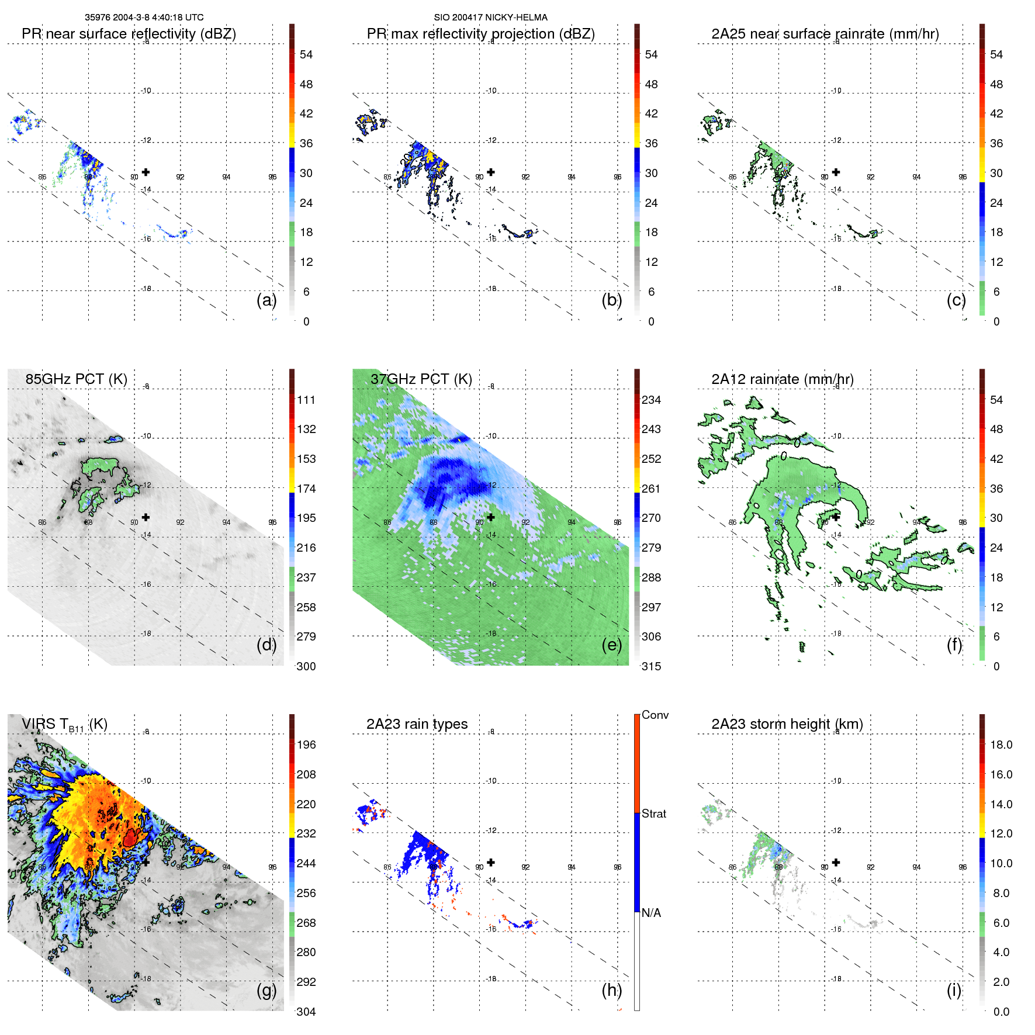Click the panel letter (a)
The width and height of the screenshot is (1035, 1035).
[x=266, y=300]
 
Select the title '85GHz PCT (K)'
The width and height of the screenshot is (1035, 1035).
[x=76, y=379]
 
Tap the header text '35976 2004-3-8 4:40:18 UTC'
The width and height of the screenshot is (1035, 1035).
[x=144, y=18]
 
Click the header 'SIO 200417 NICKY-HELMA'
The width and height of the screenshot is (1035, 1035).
[x=490, y=18]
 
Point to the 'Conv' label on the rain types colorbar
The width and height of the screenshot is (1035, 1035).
[x=655, y=715]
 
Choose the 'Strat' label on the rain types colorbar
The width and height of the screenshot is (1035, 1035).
[x=653, y=814]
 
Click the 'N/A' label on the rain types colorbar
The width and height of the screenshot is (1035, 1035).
[x=651, y=913]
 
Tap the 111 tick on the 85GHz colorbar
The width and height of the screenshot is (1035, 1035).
[x=306, y=400]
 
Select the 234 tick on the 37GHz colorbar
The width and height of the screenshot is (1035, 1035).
[x=651, y=400]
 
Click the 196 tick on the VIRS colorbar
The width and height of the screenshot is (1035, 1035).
[x=306, y=745]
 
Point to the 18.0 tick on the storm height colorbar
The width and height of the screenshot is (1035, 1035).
[x=1001, y=745]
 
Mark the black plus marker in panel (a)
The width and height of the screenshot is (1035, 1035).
[x=146, y=172]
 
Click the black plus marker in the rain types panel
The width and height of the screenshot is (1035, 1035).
[x=491, y=862]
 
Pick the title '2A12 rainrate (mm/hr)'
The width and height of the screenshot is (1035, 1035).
[x=782, y=379]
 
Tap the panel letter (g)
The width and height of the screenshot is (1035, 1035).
[x=266, y=991]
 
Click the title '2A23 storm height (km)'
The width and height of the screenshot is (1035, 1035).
[x=787, y=724]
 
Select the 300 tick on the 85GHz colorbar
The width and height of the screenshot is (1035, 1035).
[x=306, y=666]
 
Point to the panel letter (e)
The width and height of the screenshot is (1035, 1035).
[x=611, y=645]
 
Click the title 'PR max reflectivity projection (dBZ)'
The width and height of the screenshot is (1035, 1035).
[x=480, y=34]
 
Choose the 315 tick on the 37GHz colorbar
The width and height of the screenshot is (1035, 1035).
[x=651, y=666]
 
